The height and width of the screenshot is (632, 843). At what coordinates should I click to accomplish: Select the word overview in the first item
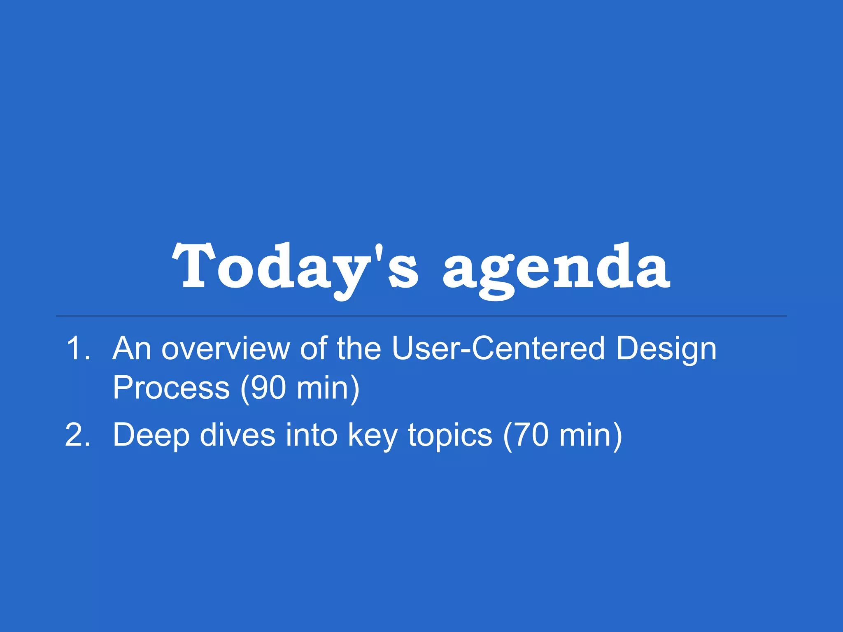(226, 349)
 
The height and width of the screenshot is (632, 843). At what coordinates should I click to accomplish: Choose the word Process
(171, 388)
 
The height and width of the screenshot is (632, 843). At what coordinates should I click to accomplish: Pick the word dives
(238, 435)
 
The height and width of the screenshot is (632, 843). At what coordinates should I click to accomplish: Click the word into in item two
(312, 435)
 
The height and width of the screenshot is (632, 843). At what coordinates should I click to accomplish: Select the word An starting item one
(132, 349)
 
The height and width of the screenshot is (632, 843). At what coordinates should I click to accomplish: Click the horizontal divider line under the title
(421, 316)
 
